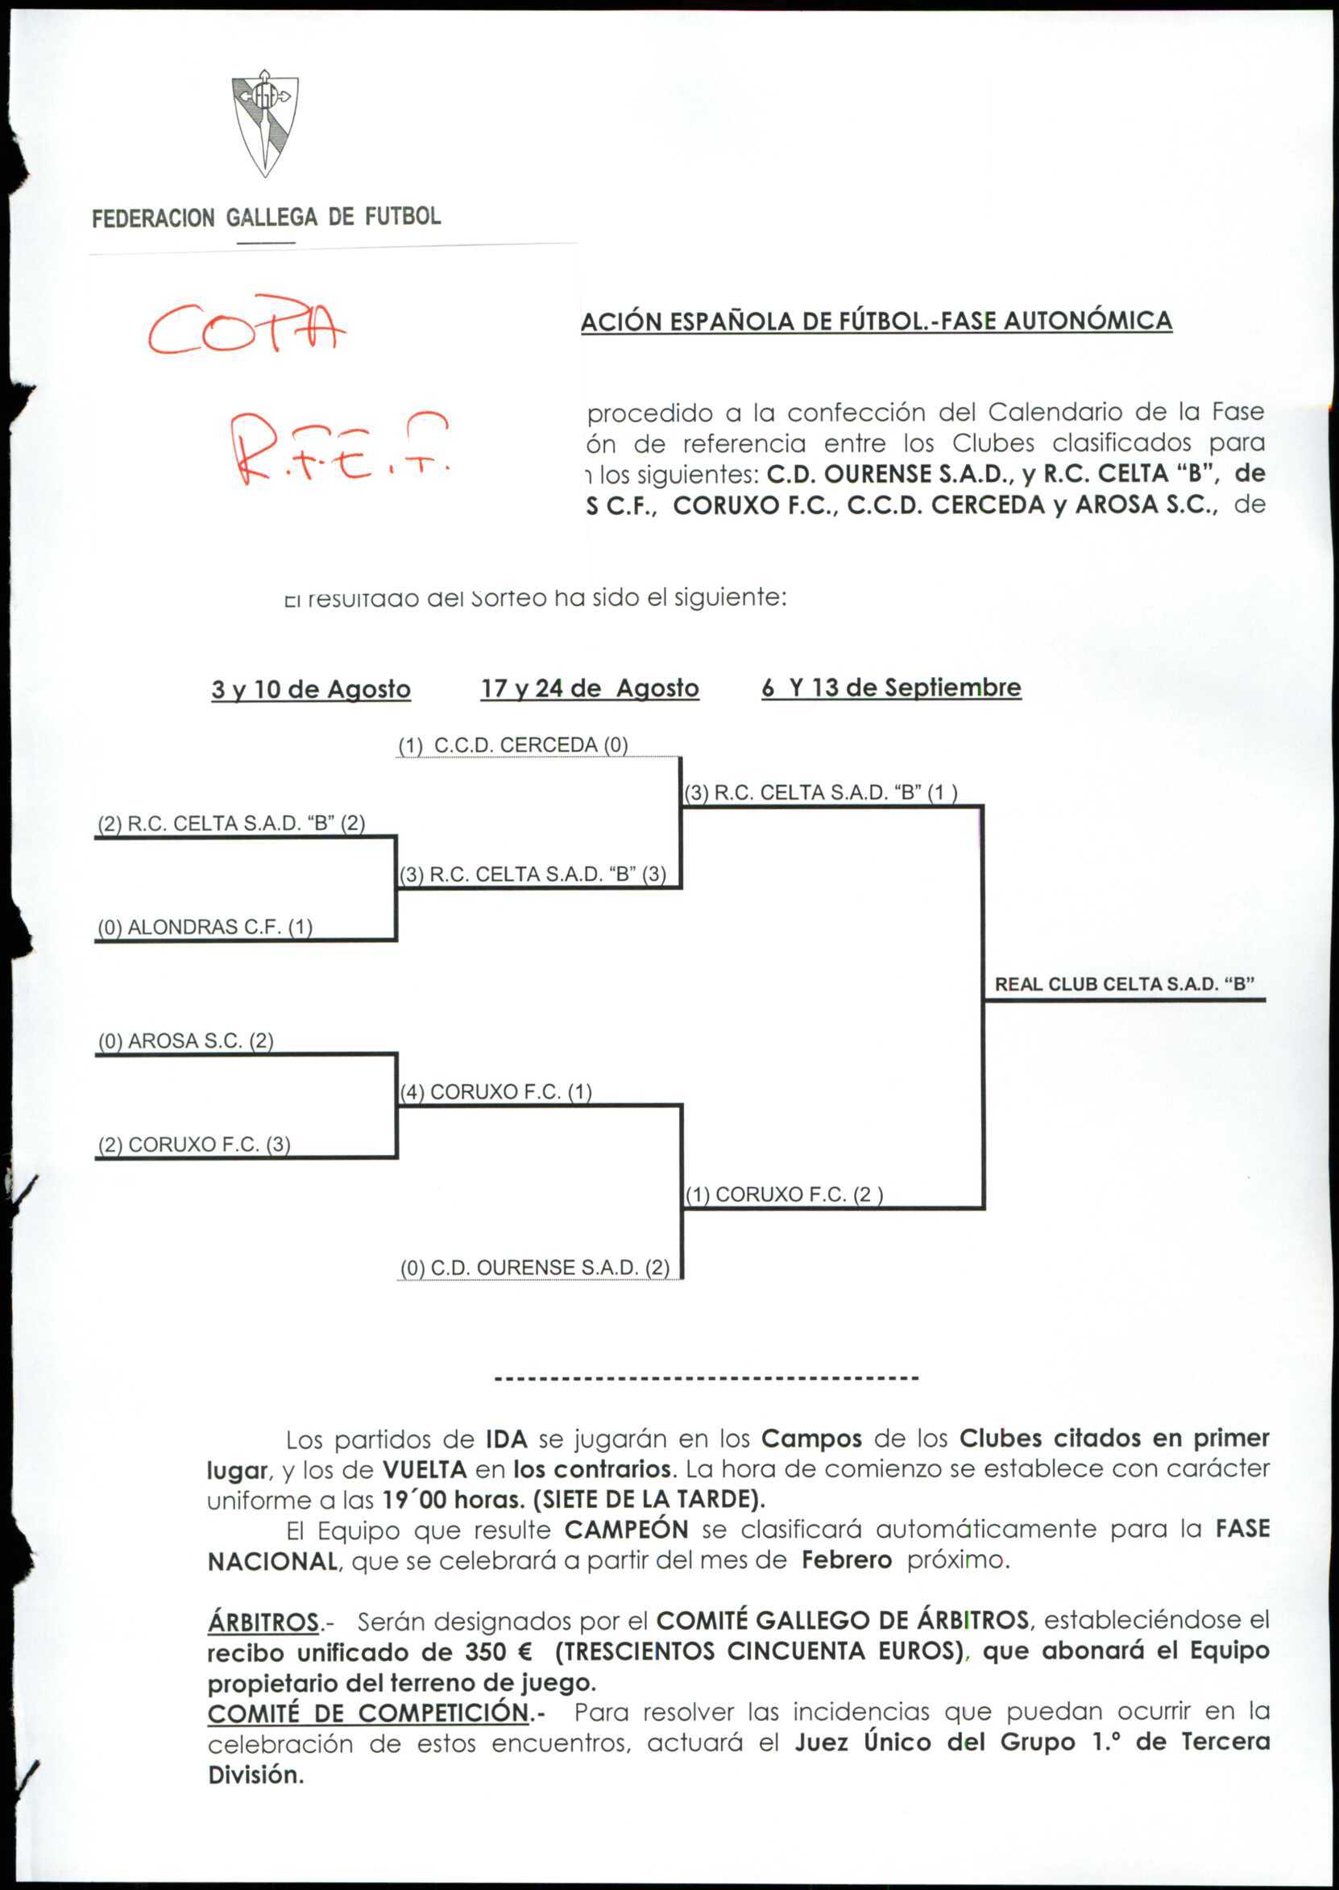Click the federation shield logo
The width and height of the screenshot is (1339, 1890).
click(x=265, y=123)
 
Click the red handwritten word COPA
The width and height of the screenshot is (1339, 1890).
click(x=247, y=326)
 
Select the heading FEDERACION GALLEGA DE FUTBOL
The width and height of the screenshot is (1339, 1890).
click(x=267, y=218)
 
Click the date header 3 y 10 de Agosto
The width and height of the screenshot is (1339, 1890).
click(x=311, y=689)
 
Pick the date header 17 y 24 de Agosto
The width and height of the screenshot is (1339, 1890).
click(x=590, y=687)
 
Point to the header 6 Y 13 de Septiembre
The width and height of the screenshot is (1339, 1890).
click(x=891, y=687)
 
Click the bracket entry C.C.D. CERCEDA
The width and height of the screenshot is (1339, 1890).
click(x=513, y=746)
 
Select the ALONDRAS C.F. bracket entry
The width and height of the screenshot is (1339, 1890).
click(x=205, y=927)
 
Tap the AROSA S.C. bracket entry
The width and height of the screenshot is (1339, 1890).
click(x=185, y=1041)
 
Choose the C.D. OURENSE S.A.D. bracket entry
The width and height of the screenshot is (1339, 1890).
click(x=535, y=1268)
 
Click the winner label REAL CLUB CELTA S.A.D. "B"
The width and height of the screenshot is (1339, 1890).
click(x=1125, y=984)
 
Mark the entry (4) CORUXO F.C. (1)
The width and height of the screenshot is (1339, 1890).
click(x=496, y=1092)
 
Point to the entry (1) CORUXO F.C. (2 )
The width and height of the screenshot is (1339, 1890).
click(x=784, y=1195)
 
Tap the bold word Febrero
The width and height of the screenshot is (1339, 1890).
click(x=847, y=1560)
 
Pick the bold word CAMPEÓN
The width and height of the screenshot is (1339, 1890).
click(x=626, y=1530)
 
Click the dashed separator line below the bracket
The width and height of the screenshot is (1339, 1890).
click(x=706, y=1378)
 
